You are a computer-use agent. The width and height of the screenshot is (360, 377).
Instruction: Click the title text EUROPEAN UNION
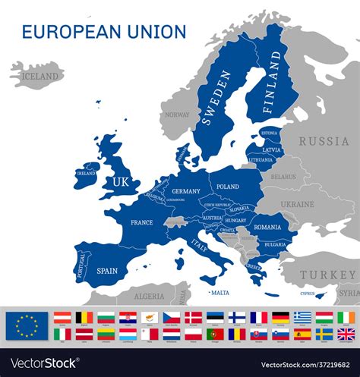pos(104,32)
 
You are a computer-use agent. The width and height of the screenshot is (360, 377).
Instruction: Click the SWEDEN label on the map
pos(216,97)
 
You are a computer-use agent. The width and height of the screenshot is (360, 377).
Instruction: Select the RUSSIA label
pos(324,141)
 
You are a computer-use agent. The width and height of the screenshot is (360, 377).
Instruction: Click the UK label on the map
pos(121,182)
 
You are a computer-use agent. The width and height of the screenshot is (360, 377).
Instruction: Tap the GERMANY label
pos(185,191)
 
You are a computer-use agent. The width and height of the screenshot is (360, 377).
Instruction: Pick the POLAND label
pos(227,187)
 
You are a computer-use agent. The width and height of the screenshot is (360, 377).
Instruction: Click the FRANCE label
pos(141,222)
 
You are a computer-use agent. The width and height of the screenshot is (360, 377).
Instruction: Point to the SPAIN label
pos(107,270)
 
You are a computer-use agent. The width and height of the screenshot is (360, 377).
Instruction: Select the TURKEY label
pos(327,275)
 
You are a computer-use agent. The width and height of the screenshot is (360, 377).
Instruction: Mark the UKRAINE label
pos(297,204)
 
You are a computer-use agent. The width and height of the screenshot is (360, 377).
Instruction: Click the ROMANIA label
pos(267,227)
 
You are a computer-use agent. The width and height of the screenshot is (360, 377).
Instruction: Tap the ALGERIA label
pos(149,297)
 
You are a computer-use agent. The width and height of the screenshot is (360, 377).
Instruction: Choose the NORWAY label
pos(177,115)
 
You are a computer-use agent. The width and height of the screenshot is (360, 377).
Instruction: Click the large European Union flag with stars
pos(27,325)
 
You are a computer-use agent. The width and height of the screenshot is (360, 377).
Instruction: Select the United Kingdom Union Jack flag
pos(346,334)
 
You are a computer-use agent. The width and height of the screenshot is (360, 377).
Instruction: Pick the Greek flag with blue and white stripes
pos(302,317)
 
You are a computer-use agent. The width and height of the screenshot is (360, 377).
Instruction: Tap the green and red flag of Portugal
pos(215,334)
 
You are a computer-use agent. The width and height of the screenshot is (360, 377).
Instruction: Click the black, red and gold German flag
pos(280,317)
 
